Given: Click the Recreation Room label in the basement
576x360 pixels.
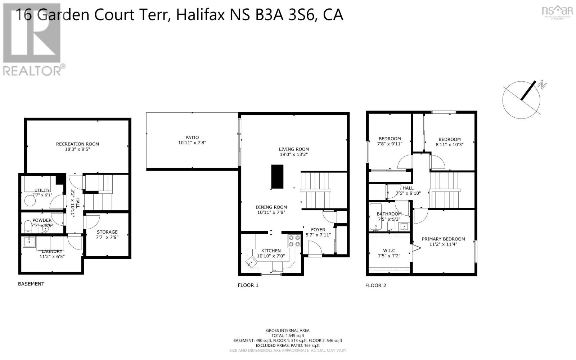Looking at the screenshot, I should pyautogui.click(x=77, y=144).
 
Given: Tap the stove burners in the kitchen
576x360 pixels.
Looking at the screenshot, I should pyautogui.click(x=294, y=241).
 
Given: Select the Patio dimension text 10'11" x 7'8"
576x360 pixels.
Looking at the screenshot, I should pyautogui.click(x=192, y=143).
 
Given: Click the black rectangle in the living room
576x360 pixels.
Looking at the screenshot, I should pyautogui.click(x=277, y=176).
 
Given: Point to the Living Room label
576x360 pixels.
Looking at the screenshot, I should pyautogui.click(x=294, y=149).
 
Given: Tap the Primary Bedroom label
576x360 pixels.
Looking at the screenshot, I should pyautogui.click(x=443, y=239).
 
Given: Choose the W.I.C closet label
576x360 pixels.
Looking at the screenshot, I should pyautogui.click(x=389, y=250).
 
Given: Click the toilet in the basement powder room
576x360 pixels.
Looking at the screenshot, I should pyautogui.click(x=27, y=227).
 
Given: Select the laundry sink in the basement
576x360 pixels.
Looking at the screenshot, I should pyautogui.click(x=28, y=242).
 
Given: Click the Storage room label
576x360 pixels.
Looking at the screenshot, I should pyautogui.click(x=107, y=232).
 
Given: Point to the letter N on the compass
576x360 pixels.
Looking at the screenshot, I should pyautogui.click(x=542, y=85).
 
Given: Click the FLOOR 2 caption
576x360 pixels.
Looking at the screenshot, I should pyautogui.click(x=375, y=285).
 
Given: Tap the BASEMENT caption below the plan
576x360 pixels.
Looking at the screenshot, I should pyautogui.click(x=31, y=284).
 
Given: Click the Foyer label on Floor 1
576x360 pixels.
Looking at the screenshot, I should pyautogui.click(x=318, y=230).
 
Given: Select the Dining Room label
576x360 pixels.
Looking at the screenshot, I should pyautogui.click(x=271, y=207).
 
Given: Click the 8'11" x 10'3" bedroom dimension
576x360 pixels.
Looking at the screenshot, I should pyautogui.click(x=449, y=145).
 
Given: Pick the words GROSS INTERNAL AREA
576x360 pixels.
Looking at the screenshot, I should pyautogui.click(x=288, y=330).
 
